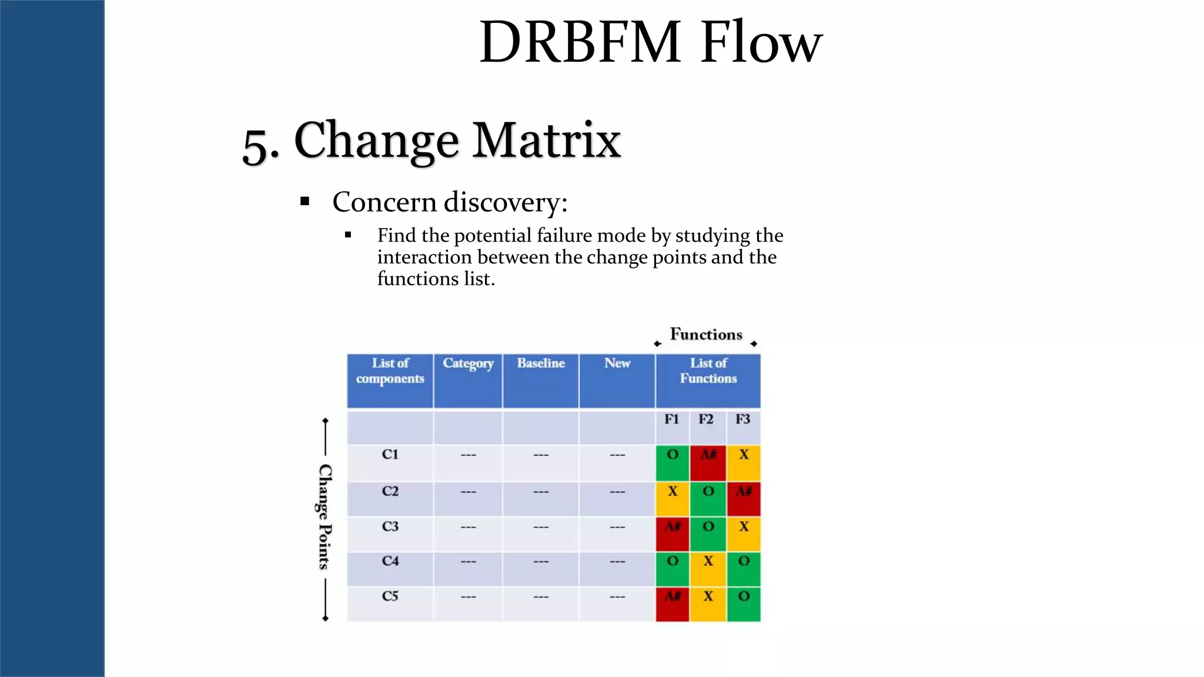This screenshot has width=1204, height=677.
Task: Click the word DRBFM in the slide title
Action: pos(580,42)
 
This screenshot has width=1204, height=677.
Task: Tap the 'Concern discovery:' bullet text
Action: pos(450,202)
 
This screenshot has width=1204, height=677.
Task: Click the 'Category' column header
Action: pos(468,364)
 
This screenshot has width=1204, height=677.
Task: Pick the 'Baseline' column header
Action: pos(541,364)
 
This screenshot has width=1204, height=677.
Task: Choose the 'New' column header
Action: pos(617,364)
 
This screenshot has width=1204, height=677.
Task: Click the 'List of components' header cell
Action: pos(390,371)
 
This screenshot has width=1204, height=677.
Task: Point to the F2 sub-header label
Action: pos(706,420)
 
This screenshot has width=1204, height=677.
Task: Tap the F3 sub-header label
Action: pos(743,420)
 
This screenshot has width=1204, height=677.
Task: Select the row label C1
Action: pos(390,454)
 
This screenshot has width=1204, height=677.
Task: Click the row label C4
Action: pos(390,561)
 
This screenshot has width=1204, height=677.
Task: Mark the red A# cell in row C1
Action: pos(708,462)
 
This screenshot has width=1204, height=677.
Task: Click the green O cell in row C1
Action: pos(673,462)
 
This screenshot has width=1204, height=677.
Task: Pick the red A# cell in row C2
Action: pos(744,499)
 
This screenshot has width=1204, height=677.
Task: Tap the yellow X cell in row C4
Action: pos(708,569)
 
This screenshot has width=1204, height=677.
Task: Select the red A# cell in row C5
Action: pos(673,604)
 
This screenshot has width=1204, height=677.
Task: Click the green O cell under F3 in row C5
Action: pos(744,604)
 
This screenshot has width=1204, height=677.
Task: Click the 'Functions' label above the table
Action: pos(706,334)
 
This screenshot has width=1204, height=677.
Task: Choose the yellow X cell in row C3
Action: pos(744,534)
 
